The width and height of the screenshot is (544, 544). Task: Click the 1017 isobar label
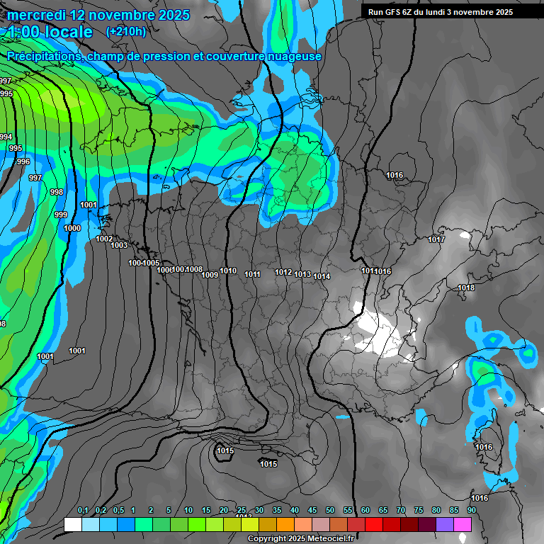click(x=436, y=239)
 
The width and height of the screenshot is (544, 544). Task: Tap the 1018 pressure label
click(x=466, y=288)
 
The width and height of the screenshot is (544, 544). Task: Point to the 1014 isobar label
click(x=322, y=276)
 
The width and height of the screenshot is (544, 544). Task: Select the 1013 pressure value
click(x=302, y=274)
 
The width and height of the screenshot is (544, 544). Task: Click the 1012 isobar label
click(x=283, y=272)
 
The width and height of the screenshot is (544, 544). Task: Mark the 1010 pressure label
click(x=228, y=271)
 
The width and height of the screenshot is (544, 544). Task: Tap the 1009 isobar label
click(x=210, y=275)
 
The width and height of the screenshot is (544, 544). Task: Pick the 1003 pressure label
click(x=119, y=245)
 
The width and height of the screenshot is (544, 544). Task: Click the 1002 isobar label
click(x=104, y=239)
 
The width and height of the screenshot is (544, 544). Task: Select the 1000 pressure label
click(x=72, y=228)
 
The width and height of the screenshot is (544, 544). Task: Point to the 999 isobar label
click(x=61, y=215)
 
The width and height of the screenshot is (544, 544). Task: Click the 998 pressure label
click(x=57, y=192)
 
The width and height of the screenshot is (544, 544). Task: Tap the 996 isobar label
click(x=23, y=161)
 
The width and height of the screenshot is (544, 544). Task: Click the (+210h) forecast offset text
click(x=125, y=31)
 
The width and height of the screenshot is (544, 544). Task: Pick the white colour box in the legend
click(x=72, y=524)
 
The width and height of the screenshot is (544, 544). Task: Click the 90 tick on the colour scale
click(x=471, y=511)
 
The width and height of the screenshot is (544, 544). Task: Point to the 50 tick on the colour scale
click(x=330, y=511)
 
